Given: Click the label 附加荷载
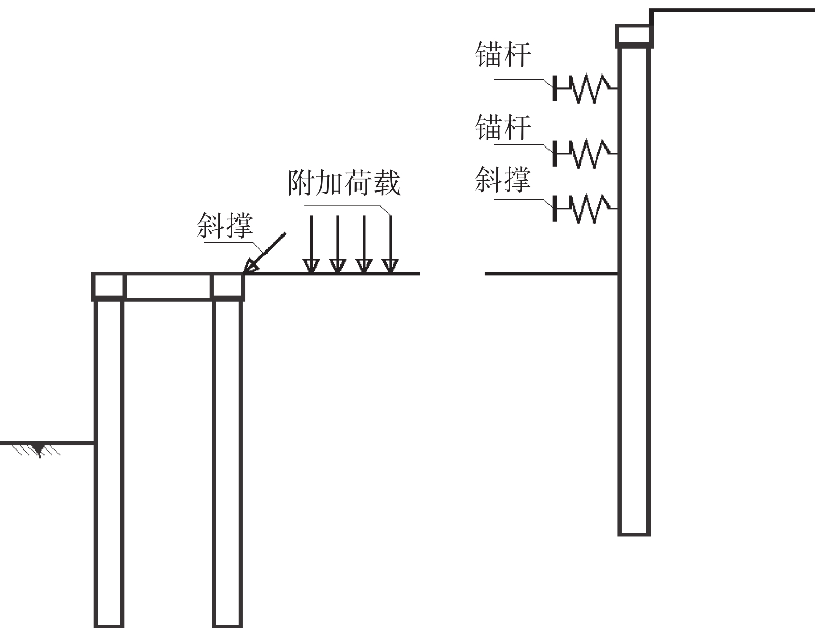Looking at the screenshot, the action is [344, 183].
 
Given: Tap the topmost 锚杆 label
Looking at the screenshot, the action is [502, 54].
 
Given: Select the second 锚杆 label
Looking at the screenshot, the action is [502, 127].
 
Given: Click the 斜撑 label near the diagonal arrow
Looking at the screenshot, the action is [225, 225].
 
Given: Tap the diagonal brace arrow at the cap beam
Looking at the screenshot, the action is [264, 253].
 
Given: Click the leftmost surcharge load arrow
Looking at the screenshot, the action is [312, 244].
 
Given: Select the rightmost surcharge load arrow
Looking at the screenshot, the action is [391, 244].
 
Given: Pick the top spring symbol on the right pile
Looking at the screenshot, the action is [585, 89].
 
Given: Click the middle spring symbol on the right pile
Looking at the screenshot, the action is [585, 154].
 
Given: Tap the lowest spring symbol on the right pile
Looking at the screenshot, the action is [585, 209].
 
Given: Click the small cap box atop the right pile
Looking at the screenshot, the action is [634, 36].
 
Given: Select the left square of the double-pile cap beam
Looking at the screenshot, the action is [109, 287].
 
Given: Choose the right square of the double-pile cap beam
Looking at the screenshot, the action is [227, 287].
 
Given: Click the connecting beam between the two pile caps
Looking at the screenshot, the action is [168, 287].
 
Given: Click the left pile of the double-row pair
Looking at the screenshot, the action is [109, 464].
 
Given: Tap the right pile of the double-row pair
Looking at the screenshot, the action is [227, 464].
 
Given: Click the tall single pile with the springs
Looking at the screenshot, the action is [634, 291].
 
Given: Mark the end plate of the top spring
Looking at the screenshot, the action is [555, 89].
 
